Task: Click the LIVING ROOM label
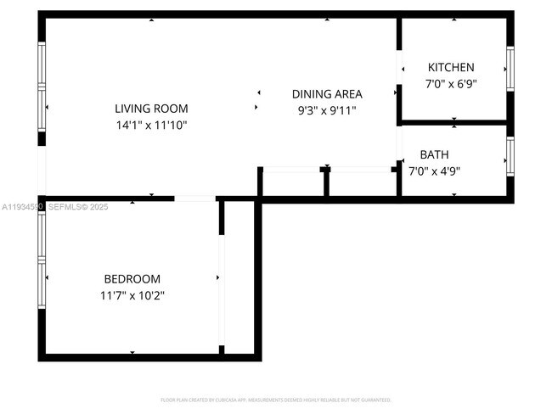coord(151,109)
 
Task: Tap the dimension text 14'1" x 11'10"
coord(151,125)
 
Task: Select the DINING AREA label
coord(327,94)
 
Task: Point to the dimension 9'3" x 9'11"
coord(327,110)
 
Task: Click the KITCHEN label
coord(451,67)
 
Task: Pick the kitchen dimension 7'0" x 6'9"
coord(451,84)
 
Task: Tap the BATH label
coord(434,154)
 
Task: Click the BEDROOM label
coord(132,279)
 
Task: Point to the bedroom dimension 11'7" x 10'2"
coord(132,295)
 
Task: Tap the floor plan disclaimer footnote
coord(276,399)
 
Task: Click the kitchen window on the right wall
coord(510,68)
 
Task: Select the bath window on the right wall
coord(510,155)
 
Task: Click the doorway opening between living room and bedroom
coord(195,199)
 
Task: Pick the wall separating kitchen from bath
coord(454,123)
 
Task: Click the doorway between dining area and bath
coord(398,144)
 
